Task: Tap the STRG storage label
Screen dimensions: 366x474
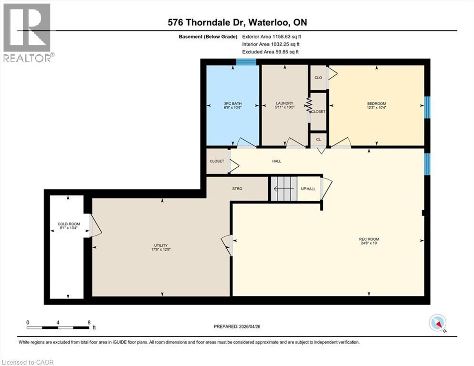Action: click(x=237, y=189)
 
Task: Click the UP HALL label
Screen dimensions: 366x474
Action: click(x=308, y=189)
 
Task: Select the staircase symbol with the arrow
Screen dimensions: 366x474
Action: click(x=284, y=189)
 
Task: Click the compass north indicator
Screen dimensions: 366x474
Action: click(x=437, y=323)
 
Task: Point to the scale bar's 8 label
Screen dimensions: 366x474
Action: click(x=89, y=322)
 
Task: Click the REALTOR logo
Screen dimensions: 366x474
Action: click(x=27, y=32)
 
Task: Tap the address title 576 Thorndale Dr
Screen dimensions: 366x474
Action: click(x=237, y=23)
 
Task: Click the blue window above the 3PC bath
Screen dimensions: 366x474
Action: click(x=246, y=61)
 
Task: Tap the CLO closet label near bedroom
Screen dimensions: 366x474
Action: click(x=318, y=78)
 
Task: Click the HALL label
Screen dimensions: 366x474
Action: click(x=276, y=161)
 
